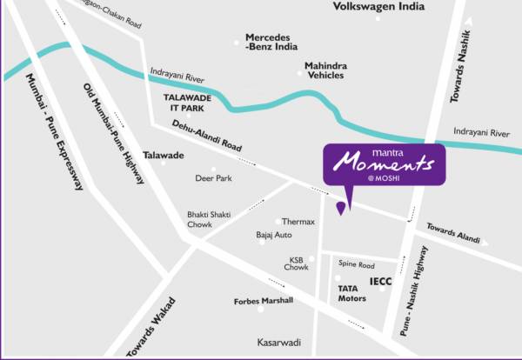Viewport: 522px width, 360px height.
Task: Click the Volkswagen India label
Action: click(x=379, y=7)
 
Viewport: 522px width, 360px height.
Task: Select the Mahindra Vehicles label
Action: click(x=325, y=70)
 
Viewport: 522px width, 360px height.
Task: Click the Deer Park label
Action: click(x=213, y=178)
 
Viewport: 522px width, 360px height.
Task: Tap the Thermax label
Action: click(x=298, y=222)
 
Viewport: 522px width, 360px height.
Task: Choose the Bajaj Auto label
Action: click(x=273, y=236)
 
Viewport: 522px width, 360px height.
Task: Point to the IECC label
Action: click(x=380, y=282)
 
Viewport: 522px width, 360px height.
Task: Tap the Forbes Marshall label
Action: click(x=264, y=302)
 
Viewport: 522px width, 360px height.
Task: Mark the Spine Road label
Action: click(x=357, y=264)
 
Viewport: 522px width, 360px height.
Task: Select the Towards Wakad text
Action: click(x=144, y=335)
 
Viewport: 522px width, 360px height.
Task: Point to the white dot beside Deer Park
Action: click(x=213, y=170)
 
